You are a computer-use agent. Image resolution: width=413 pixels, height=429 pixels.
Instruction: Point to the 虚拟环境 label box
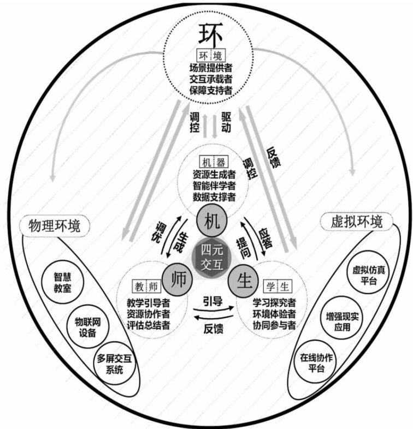coord(357,222)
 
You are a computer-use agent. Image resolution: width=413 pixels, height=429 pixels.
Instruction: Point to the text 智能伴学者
coord(214,185)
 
